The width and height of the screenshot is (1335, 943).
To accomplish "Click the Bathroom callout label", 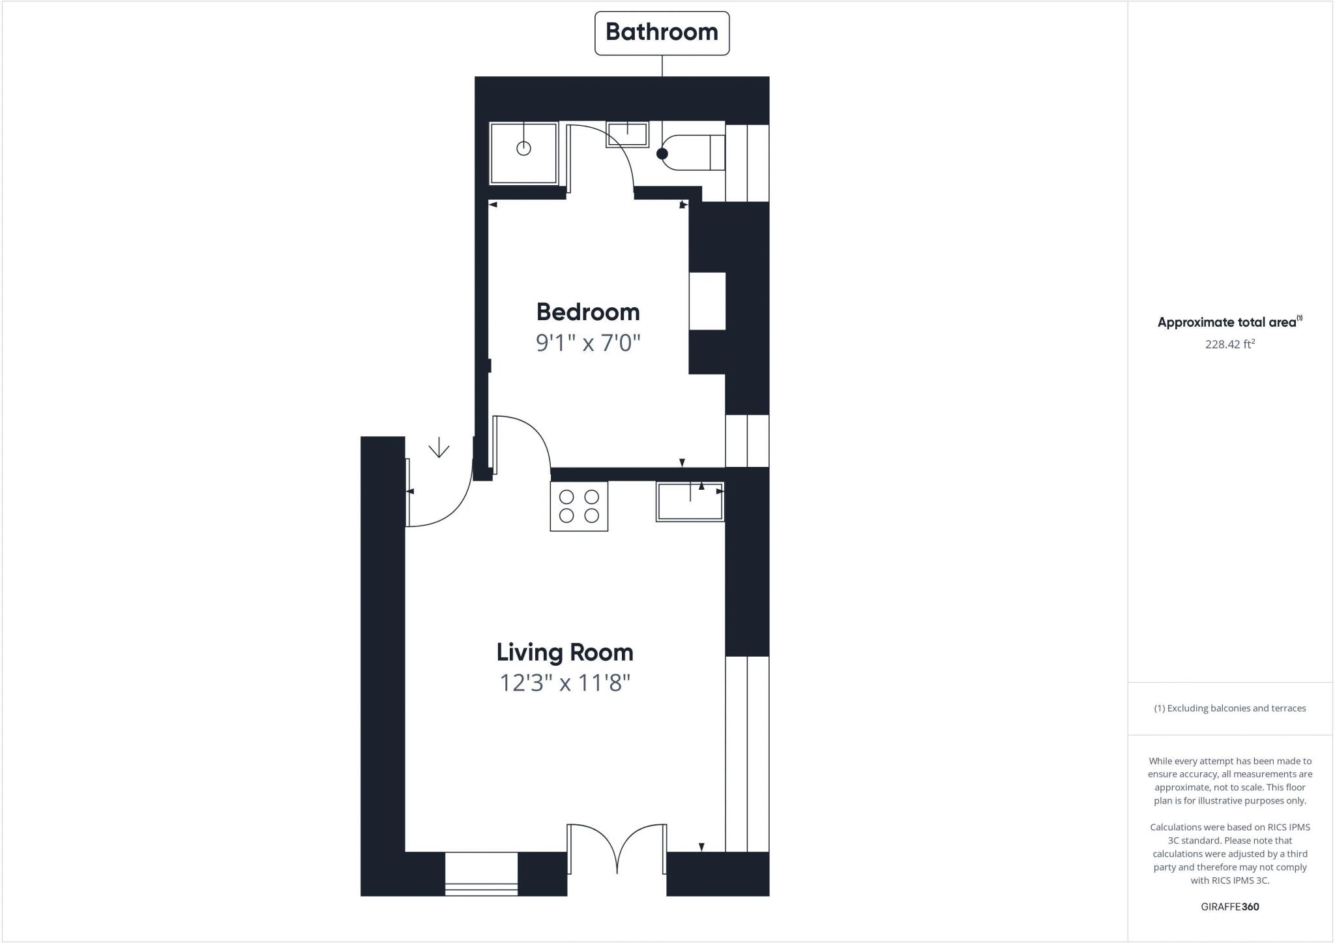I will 662,33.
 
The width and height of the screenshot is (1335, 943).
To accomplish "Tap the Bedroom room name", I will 588,312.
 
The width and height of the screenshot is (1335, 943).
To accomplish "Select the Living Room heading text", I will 565,652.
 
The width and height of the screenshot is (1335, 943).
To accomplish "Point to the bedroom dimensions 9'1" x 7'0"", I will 588,342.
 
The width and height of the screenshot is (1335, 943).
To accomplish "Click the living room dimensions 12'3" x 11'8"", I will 565,683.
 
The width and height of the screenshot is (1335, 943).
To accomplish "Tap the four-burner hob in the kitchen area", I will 579,506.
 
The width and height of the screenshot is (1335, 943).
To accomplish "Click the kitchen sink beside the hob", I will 690,501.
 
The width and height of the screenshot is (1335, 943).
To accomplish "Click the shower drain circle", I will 523,149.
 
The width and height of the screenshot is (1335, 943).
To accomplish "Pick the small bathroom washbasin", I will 627,134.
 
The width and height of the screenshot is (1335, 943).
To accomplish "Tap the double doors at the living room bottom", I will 617,848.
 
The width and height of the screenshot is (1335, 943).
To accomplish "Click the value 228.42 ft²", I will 1229,344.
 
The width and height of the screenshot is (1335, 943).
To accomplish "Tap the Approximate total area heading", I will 1228,322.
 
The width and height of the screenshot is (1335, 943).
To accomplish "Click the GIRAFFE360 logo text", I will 1229,906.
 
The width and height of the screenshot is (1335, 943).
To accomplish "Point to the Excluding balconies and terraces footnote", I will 1229,708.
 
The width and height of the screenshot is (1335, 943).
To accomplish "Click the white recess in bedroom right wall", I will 707,301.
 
